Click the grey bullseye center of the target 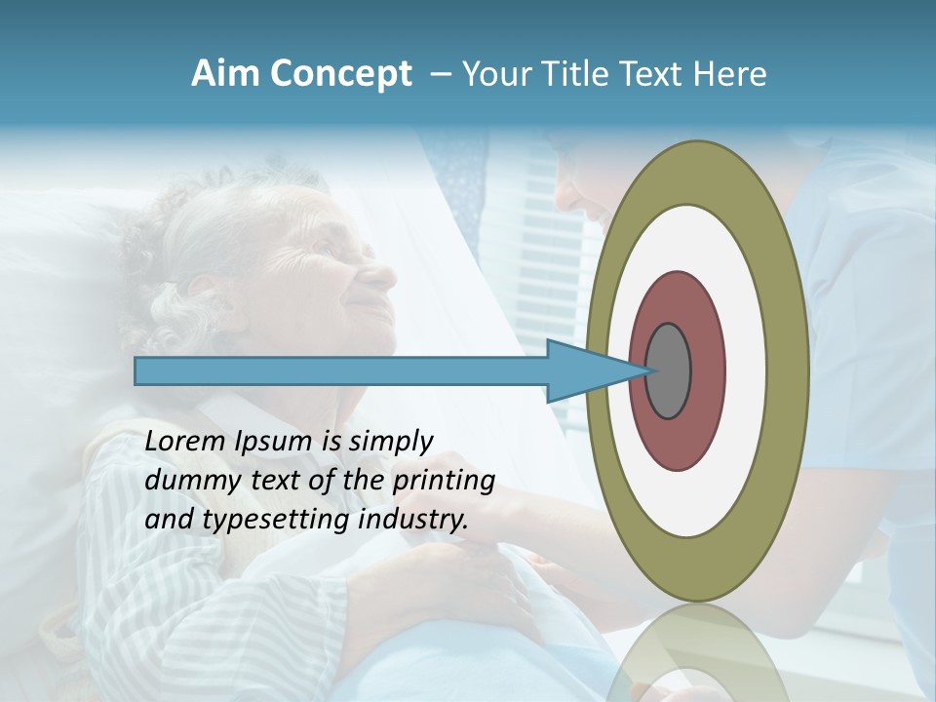point(668,371)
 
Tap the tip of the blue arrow point(647,370)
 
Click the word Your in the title point(495,74)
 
